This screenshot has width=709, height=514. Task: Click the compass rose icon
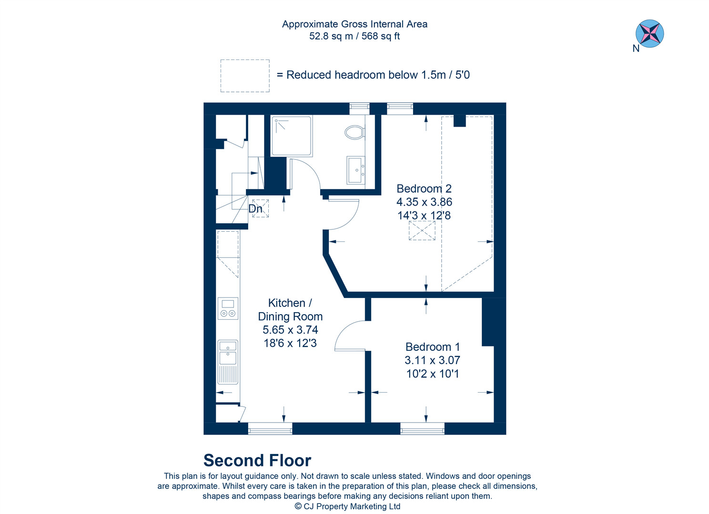click(649, 34)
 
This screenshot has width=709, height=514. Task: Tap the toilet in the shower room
click(354, 132)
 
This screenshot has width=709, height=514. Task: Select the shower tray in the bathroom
click(292, 136)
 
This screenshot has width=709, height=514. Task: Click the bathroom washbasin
click(355, 170)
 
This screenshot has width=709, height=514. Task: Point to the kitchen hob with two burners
click(228, 308)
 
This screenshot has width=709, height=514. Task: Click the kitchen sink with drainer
click(228, 362)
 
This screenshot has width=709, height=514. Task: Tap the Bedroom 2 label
click(424, 188)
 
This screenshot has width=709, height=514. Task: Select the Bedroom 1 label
click(432, 347)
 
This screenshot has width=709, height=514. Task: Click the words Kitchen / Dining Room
click(290, 310)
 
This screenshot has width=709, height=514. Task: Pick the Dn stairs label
click(255, 209)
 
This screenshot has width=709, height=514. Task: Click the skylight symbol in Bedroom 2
click(422, 231)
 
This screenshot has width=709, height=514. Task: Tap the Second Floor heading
click(257, 460)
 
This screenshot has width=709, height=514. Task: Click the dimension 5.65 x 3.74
click(290, 330)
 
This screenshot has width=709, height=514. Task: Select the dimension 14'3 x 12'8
click(424, 216)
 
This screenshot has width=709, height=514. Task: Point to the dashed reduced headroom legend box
click(245, 76)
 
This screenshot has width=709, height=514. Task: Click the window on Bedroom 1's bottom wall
click(422, 429)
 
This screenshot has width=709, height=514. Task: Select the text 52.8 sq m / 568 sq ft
click(354, 36)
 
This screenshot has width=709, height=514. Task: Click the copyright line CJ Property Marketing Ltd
click(347, 506)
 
